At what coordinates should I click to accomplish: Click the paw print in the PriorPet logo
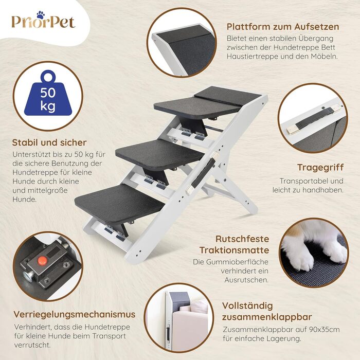[x=41, y=15]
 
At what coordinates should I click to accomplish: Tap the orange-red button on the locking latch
[x=42, y=260]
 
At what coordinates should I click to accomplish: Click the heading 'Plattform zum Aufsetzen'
[x=283, y=27]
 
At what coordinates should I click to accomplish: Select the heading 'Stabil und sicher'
[x=49, y=142]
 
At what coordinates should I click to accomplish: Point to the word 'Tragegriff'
[x=320, y=168]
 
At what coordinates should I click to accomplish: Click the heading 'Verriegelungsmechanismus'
[x=75, y=314]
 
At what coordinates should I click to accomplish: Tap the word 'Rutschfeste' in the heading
[x=242, y=239]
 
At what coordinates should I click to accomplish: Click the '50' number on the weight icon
[x=48, y=93]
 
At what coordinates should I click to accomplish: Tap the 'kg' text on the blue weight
[x=48, y=106]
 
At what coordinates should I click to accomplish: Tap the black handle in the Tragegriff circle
[x=314, y=119]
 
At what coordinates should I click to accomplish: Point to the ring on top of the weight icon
[x=48, y=76]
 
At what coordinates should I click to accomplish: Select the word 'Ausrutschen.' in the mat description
[x=246, y=280]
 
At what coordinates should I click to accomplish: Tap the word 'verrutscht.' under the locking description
[x=32, y=345]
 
